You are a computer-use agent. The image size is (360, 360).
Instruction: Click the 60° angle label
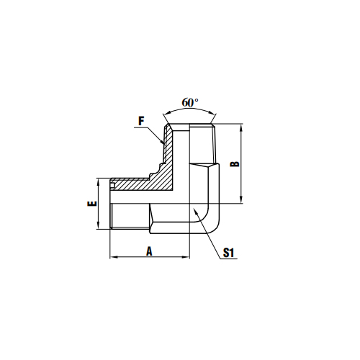click(190, 103)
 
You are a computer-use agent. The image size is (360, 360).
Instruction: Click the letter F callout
click(142, 121)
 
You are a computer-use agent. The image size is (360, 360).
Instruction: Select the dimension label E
click(91, 204)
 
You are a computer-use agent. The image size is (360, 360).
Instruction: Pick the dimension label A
click(149, 251)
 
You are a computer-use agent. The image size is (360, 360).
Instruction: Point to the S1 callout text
click(228, 253)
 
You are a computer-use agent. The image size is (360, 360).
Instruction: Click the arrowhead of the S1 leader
click(194, 211)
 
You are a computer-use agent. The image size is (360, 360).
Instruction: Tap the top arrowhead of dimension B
click(241, 128)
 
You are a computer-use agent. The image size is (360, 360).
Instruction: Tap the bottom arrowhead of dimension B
click(241, 199)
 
